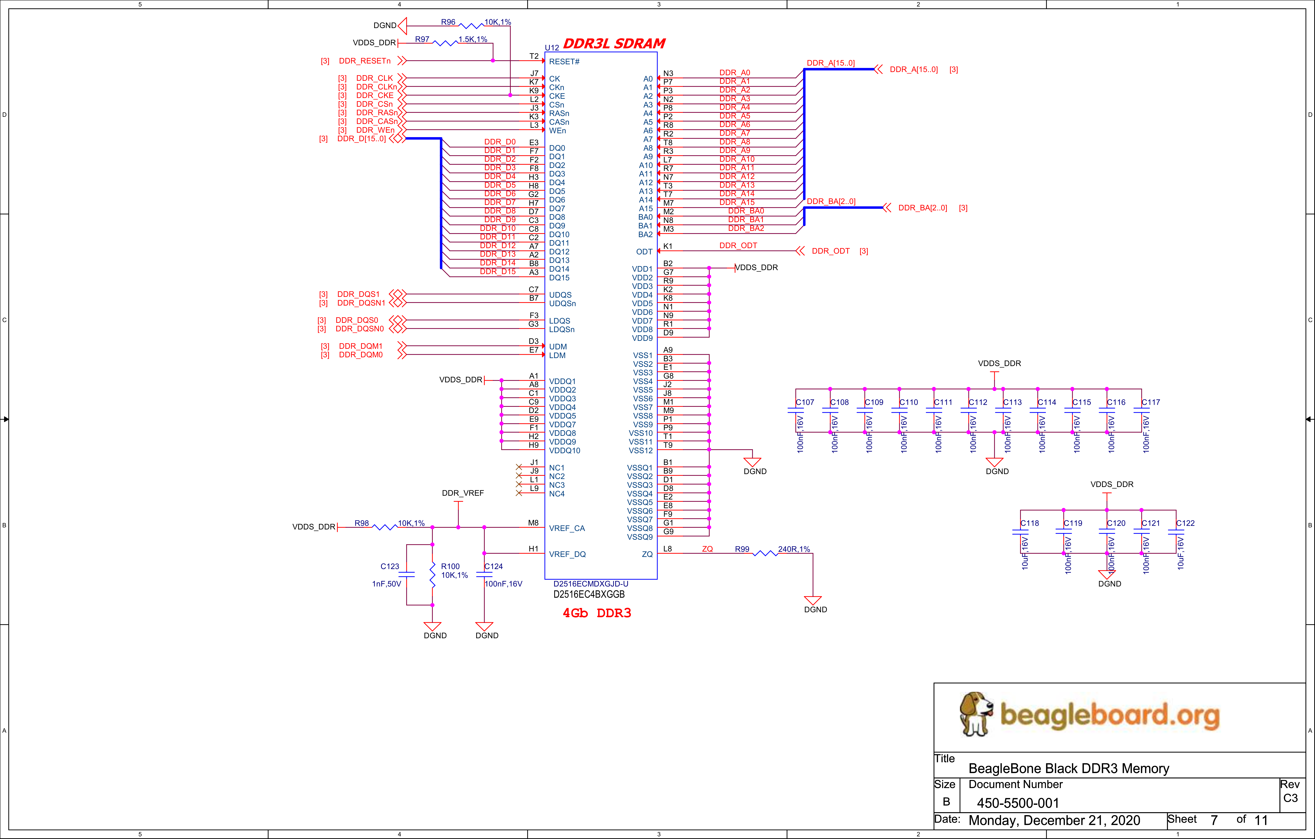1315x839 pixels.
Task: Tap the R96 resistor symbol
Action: [x=471, y=26]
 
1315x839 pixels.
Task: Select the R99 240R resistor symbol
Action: [x=765, y=554]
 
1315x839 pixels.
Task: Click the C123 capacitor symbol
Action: [x=406, y=574]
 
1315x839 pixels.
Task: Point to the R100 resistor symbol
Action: [x=433, y=575]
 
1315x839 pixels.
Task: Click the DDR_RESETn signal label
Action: [x=365, y=61]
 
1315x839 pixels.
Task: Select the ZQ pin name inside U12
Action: [x=647, y=554]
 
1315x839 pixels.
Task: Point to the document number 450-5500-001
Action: [x=1018, y=803]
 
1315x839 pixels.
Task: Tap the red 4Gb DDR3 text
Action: [x=597, y=613]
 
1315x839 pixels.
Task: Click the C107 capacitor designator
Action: [x=805, y=402]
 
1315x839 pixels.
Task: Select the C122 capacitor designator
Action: [x=1186, y=523]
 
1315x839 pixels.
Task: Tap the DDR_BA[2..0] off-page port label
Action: [x=922, y=208]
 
